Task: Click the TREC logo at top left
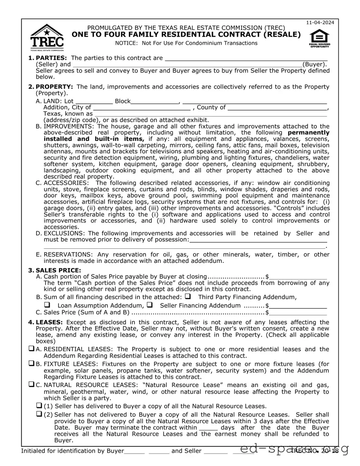47,37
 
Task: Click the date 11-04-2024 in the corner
320,22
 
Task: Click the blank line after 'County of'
277,108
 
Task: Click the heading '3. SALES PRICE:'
55,270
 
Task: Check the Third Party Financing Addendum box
188,297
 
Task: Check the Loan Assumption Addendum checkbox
47,305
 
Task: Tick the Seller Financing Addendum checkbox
150,305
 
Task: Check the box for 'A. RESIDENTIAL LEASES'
32,349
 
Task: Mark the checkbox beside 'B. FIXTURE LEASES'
32,364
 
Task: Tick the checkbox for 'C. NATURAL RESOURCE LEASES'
32,384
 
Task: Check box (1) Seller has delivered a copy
39,405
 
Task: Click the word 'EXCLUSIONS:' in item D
65,233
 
